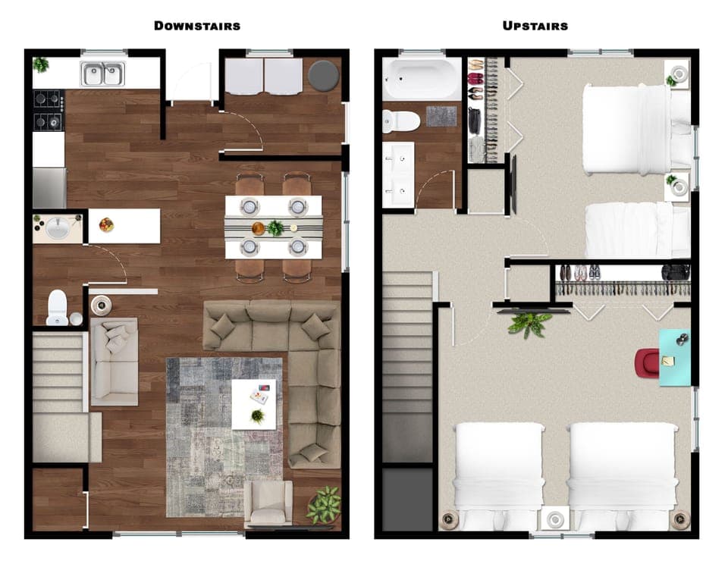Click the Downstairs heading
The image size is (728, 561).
(197, 26)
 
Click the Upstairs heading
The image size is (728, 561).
(535, 26)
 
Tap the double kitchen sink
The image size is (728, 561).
(104, 74)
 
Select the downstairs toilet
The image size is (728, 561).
(58, 308)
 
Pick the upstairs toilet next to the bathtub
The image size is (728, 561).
(401, 121)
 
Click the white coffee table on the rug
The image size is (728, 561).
(254, 404)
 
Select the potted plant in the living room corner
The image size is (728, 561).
(325, 504)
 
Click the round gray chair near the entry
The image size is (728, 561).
(323, 76)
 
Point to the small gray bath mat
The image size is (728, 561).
(441, 117)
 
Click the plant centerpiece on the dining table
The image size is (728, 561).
(275, 227)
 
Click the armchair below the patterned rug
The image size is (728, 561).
(268, 503)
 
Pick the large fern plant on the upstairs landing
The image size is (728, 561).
(529, 324)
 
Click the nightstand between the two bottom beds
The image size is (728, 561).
(557, 519)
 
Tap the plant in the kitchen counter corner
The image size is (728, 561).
(41, 65)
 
